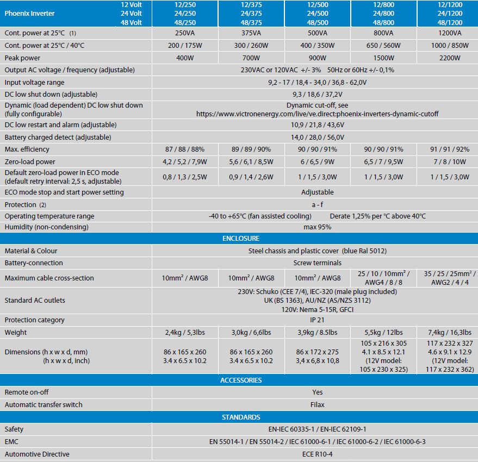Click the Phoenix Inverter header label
[29, 13]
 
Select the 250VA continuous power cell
[185, 33]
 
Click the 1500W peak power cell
[383, 58]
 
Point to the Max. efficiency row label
[27, 149]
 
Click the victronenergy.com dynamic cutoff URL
[317, 114]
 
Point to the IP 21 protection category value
[317, 320]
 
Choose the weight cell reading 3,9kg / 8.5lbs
[317, 333]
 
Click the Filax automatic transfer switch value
[317, 405]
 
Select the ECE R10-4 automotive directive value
[317, 454]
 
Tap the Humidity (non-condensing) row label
[46, 227]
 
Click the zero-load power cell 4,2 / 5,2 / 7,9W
[185, 162]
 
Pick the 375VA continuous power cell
[251, 33]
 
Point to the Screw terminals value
[317, 263]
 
